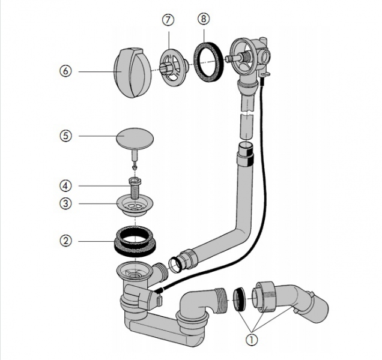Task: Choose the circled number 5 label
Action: [x=66, y=136]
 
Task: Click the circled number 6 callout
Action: [x=66, y=71]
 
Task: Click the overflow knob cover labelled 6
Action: [x=127, y=72]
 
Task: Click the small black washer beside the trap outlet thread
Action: [x=238, y=297]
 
